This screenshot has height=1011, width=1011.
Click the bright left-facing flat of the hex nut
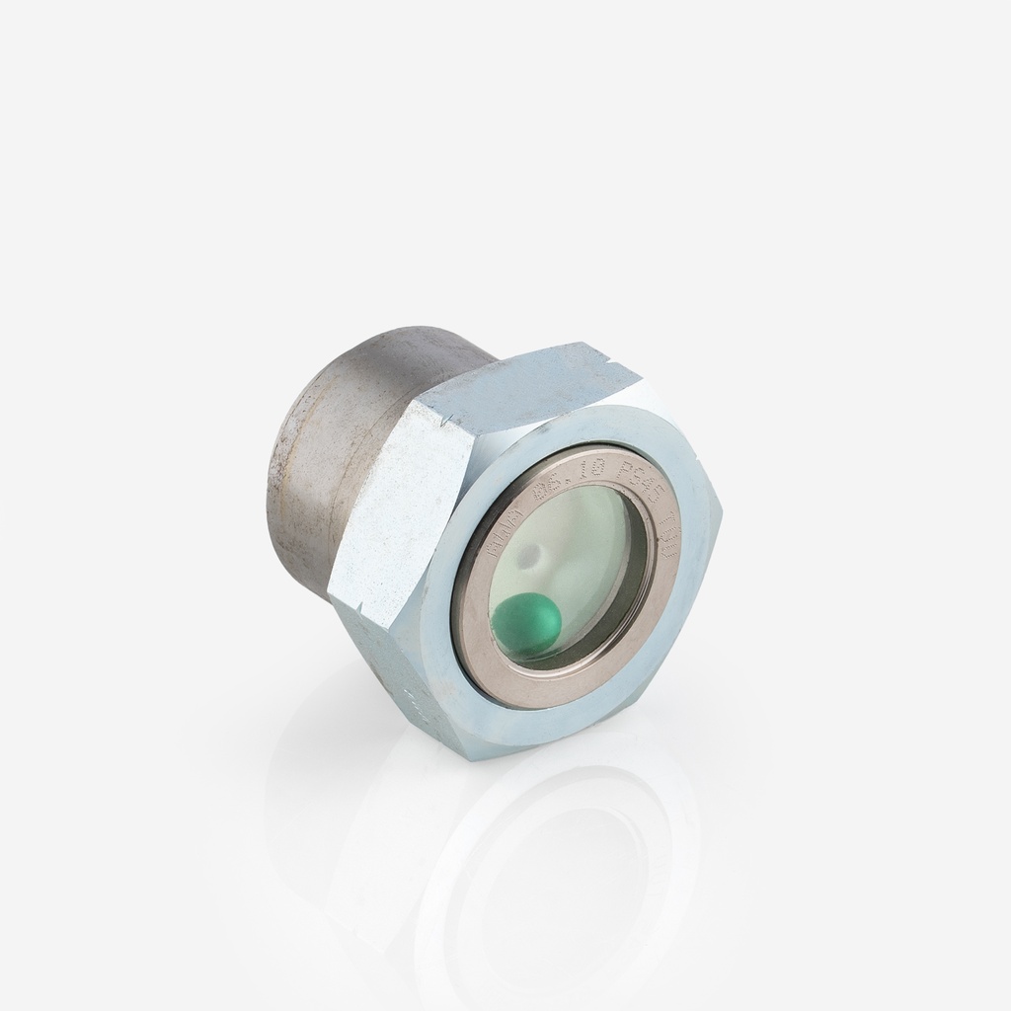395,513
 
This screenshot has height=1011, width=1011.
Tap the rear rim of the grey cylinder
281,464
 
